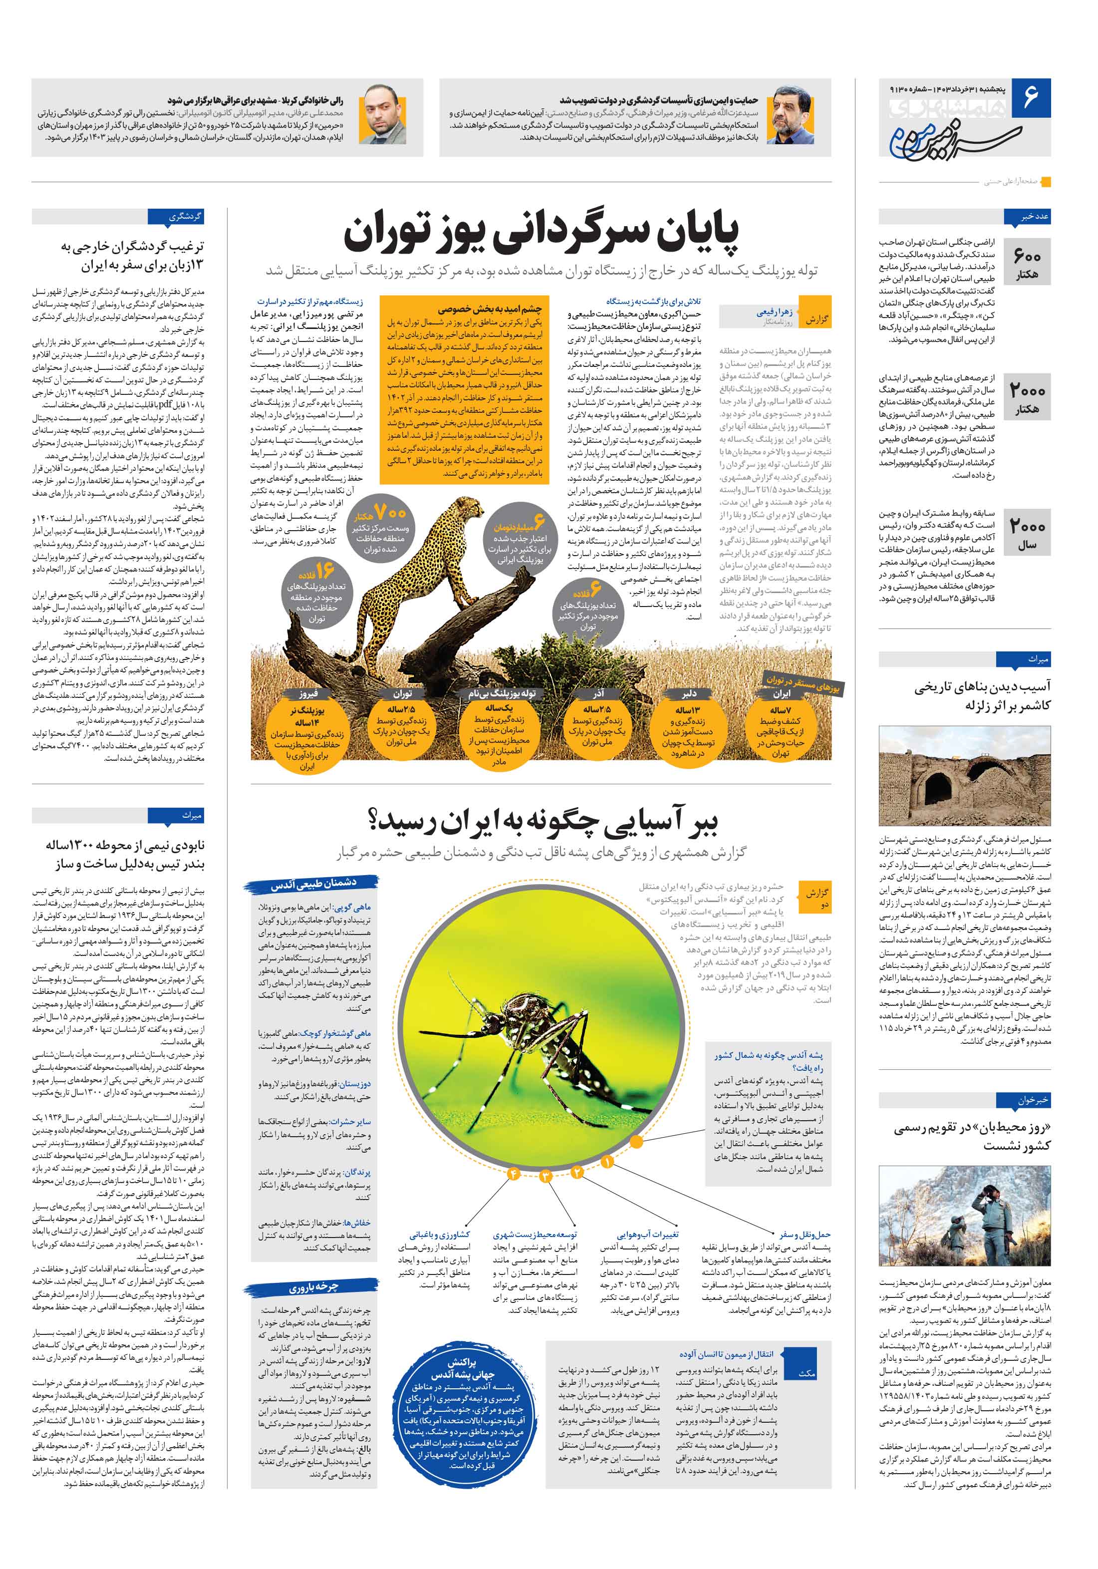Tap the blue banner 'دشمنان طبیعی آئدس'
311,885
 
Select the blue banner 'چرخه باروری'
311,1287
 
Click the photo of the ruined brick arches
964,776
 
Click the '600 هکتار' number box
1026,263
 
